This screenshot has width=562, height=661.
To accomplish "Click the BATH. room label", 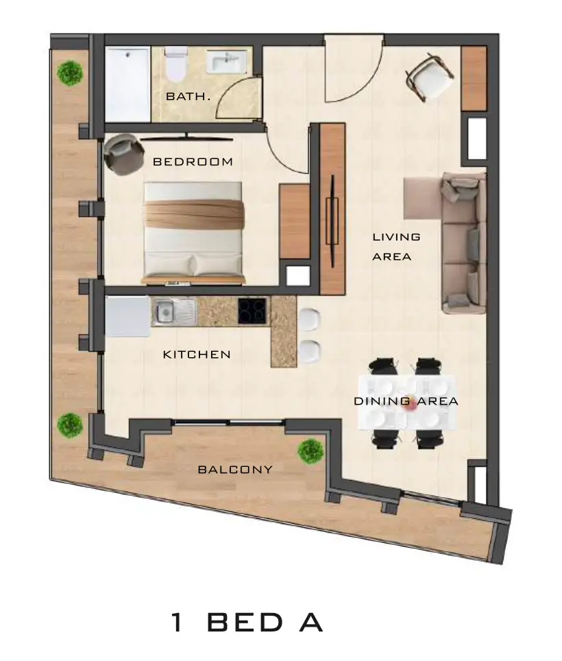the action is pos(188,97).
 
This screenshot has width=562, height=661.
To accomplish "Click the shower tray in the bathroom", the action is pos(127,85).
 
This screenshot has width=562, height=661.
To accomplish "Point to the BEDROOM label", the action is pos(193,162).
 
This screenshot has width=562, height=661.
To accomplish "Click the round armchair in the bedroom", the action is pos(123,154).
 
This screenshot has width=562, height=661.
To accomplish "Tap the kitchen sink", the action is pos(174,312).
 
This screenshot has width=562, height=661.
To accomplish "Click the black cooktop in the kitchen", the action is pos(252,311).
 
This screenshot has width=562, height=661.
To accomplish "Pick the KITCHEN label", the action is pos(197,354).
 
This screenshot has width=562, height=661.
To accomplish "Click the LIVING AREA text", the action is pos(396,247).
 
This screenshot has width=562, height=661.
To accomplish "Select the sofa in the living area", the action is pos(463,243).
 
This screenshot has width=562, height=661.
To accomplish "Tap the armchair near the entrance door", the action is pos(430,77).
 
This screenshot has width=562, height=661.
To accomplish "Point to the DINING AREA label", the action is pos(406,401).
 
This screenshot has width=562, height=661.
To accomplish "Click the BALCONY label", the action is pos(235,470).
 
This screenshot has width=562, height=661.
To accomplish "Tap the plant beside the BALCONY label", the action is pos(311,451).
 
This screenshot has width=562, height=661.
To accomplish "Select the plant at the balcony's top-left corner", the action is pos(70,74).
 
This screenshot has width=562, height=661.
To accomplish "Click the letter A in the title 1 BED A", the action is pos(311,623).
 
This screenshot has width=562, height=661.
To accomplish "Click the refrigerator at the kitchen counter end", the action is pos(127,316).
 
